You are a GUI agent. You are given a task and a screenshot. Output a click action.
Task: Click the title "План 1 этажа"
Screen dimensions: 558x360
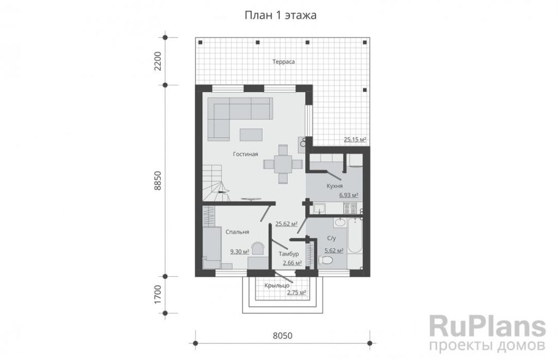point(281,16)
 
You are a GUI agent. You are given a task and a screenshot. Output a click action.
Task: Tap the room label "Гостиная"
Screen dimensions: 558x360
point(246,154)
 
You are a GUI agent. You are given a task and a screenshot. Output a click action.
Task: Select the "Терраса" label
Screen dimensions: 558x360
point(283,62)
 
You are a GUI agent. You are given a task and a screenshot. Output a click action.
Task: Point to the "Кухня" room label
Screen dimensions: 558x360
point(335,186)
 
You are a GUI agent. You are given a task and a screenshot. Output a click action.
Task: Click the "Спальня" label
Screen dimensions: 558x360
point(238,232)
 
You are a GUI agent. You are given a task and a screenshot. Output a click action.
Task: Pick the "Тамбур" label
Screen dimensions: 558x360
point(289,254)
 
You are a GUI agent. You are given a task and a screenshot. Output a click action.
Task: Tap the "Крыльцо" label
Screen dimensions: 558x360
point(276,285)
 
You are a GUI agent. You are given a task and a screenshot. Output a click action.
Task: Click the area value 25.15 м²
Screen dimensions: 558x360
point(355,139)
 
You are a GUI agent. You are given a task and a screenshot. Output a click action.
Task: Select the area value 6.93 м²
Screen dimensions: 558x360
point(348,195)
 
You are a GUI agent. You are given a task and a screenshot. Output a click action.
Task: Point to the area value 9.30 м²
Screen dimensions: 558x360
point(240,252)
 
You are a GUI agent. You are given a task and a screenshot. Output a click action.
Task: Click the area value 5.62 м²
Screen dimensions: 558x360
point(334,251)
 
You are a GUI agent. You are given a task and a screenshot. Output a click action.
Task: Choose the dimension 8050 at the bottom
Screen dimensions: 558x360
point(283,335)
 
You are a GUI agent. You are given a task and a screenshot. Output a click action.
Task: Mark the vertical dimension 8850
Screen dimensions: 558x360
point(158,181)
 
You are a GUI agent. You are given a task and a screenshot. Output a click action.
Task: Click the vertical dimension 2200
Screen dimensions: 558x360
point(158,61)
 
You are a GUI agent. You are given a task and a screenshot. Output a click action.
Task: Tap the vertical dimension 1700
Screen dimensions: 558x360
point(158,295)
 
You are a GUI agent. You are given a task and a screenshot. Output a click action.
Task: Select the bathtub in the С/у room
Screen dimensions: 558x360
point(355,236)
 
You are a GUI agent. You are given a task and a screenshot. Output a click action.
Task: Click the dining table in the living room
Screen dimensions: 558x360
point(283,164)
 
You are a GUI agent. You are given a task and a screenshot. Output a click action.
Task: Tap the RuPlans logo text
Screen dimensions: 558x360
point(488,327)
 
